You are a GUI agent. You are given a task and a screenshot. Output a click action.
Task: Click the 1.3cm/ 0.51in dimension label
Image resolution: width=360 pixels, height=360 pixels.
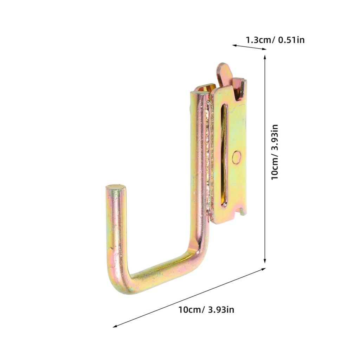[275, 40]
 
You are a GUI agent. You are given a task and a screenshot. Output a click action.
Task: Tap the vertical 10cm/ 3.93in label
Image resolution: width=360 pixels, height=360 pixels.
[275, 152]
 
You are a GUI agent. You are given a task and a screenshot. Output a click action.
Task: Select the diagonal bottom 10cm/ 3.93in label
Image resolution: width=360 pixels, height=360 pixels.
[206, 310]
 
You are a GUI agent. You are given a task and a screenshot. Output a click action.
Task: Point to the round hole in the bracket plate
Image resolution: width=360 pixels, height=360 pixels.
[236, 157]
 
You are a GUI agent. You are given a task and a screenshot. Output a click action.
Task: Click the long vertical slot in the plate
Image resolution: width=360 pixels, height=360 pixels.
[224, 154]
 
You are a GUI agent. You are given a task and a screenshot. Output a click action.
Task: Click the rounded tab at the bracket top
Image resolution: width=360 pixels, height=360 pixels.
[224, 72]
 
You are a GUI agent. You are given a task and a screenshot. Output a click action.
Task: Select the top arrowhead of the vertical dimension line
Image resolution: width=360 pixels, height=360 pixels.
[265, 57]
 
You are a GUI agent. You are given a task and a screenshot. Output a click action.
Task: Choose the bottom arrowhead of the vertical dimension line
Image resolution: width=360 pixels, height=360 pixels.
[265, 261]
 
